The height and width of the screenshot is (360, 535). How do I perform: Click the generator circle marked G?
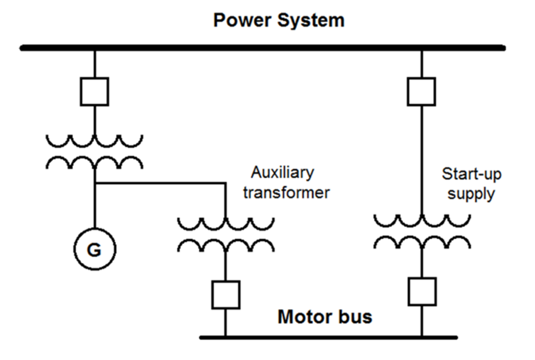[94, 250]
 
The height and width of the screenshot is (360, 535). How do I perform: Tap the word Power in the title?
[240, 21]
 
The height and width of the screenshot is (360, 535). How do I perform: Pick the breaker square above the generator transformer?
[94, 91]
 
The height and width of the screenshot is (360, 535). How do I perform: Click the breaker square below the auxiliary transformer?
[226, 295]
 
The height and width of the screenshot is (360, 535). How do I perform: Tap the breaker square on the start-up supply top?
[421, 91]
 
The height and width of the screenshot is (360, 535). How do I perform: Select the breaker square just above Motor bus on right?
[422, 291]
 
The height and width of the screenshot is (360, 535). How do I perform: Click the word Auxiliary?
[283, 173]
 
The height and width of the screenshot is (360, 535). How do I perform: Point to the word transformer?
[286, 193]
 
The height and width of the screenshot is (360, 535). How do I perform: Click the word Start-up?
[471, 175]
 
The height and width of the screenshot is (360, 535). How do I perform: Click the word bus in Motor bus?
[356, 317]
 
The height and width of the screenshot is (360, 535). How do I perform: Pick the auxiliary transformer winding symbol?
[226, 235]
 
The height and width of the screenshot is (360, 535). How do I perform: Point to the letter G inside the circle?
[94, 251]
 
